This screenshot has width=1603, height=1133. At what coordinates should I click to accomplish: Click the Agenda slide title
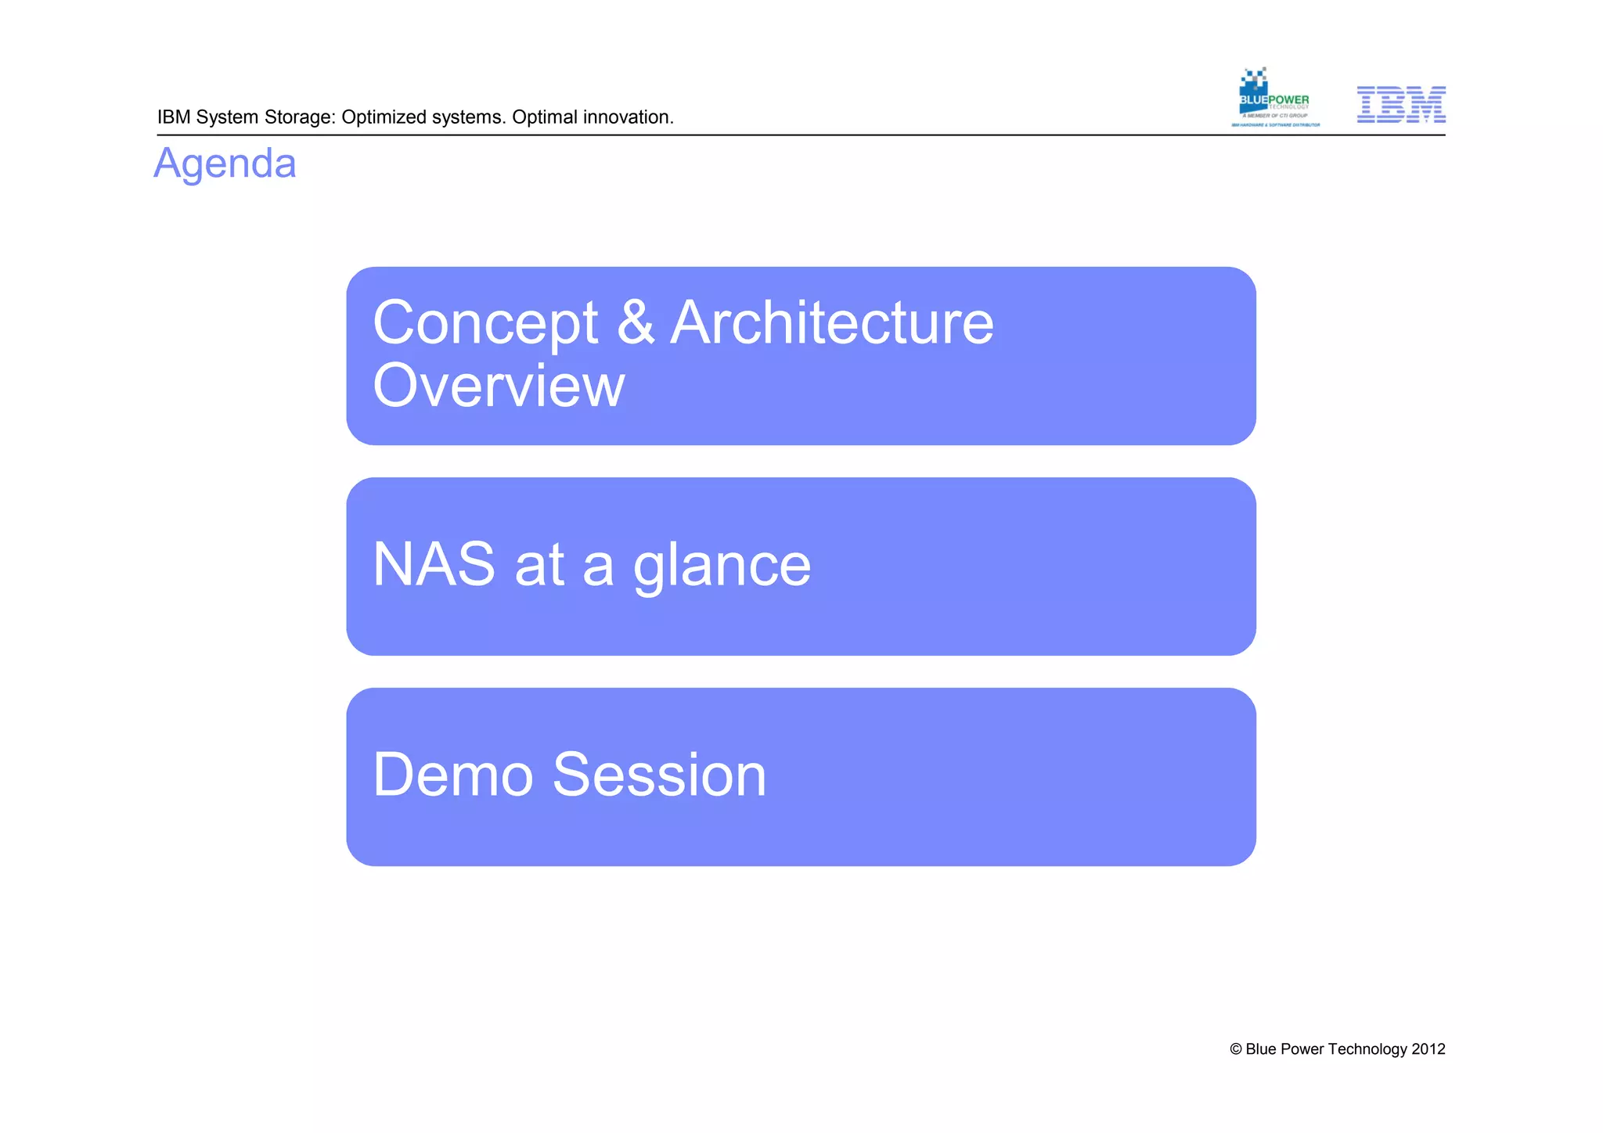coord(225,164)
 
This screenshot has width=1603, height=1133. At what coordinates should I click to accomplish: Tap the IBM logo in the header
coord(1400,105)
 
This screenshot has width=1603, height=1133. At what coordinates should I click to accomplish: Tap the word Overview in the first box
coord(499,386)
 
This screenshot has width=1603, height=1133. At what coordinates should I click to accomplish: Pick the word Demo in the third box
coord(452,775)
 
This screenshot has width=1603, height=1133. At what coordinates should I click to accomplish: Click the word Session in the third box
coord(659,775)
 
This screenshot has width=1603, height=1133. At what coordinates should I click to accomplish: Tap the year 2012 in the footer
coord(1428,1049)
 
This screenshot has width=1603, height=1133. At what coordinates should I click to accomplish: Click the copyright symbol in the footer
coord(1236,1049)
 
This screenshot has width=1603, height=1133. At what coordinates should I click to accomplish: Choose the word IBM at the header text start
coord(174,117)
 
